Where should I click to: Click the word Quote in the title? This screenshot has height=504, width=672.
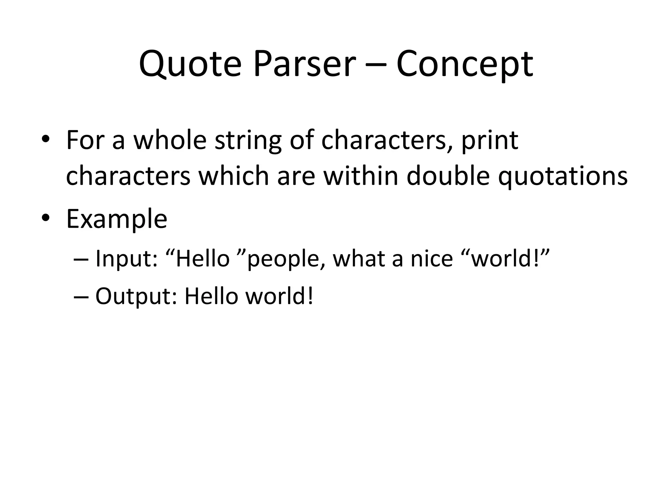click(190, 64)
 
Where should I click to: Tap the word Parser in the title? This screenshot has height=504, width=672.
click(304, 64)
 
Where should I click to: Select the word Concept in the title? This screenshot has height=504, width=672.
click(464, 64)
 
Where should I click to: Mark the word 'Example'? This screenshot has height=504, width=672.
click(117, 220)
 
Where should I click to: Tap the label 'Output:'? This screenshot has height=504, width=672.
click(136, 297)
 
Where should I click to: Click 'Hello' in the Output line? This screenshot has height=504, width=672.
click(211, 296)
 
